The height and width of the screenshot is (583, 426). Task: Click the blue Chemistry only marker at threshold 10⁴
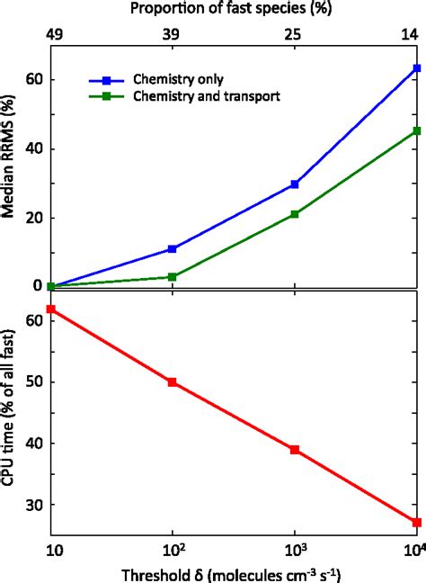(x=417, y=68)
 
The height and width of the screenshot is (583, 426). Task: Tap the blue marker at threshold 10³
(x=294, y=184)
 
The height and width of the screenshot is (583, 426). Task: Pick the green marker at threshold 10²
(x=172, y=276)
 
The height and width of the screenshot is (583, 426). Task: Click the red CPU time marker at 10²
(x=172, y=382)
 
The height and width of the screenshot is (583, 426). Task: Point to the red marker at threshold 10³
(x=294, y=449)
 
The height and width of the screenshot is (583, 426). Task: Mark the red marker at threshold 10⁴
(x=417, y=522)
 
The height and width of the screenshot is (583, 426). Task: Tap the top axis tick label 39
(x=172, y=33)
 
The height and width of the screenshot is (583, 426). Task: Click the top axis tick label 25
(x=294, y=33)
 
